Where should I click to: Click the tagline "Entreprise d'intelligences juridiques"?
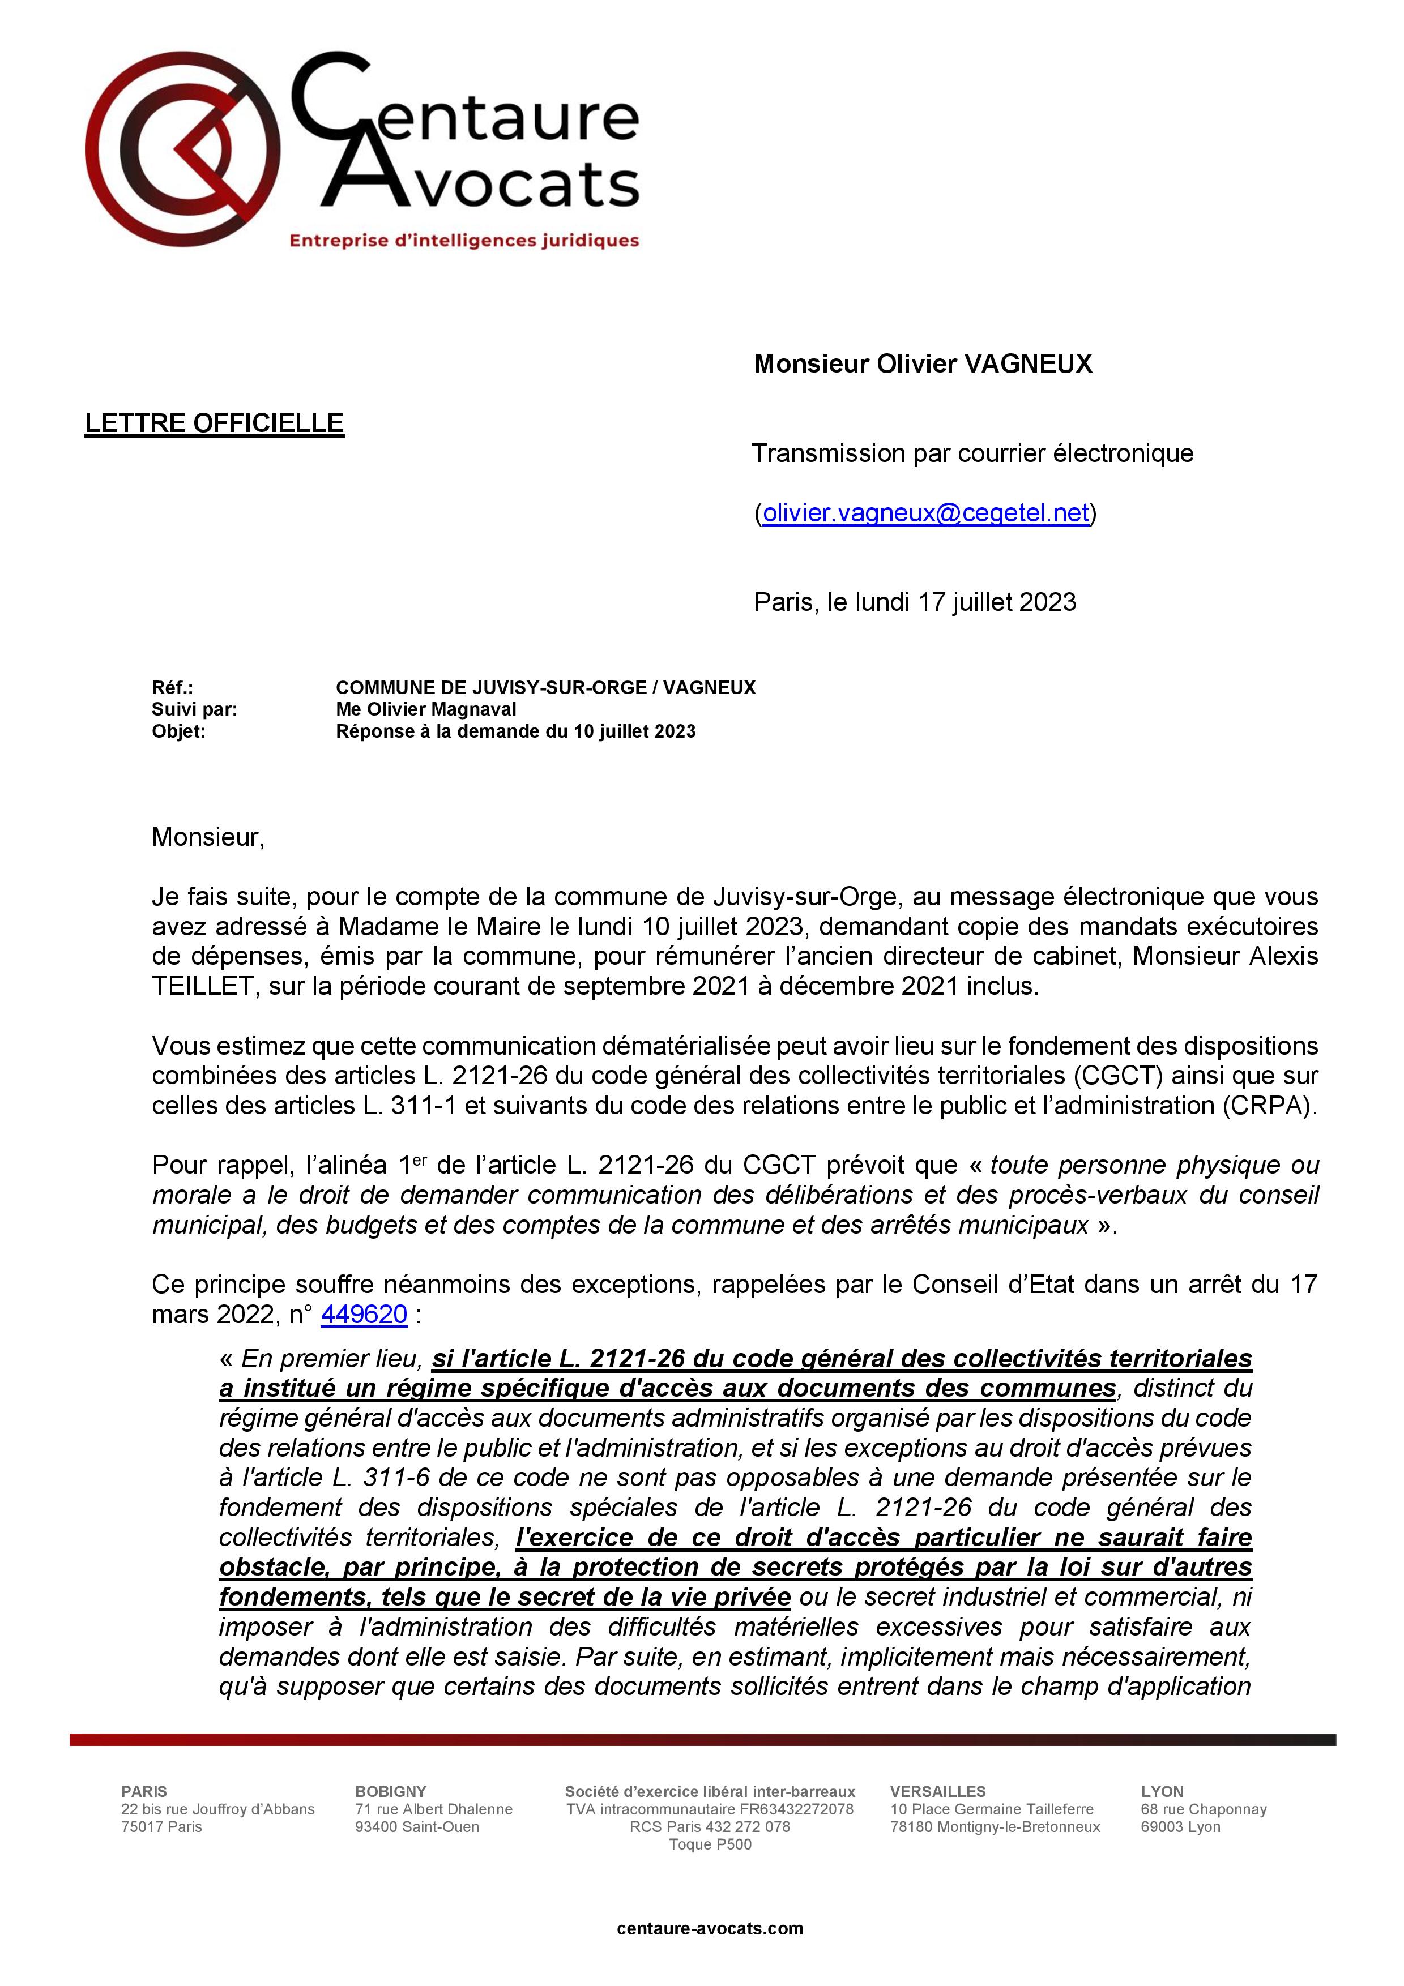[464, 241]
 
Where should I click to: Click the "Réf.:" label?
[172, 688]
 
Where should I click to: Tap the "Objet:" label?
[178, 732]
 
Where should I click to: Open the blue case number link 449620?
[364, 1315]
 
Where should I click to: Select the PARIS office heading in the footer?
[144, 1791]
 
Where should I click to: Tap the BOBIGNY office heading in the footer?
[390, 1791]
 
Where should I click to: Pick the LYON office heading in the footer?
[1161, 1791]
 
